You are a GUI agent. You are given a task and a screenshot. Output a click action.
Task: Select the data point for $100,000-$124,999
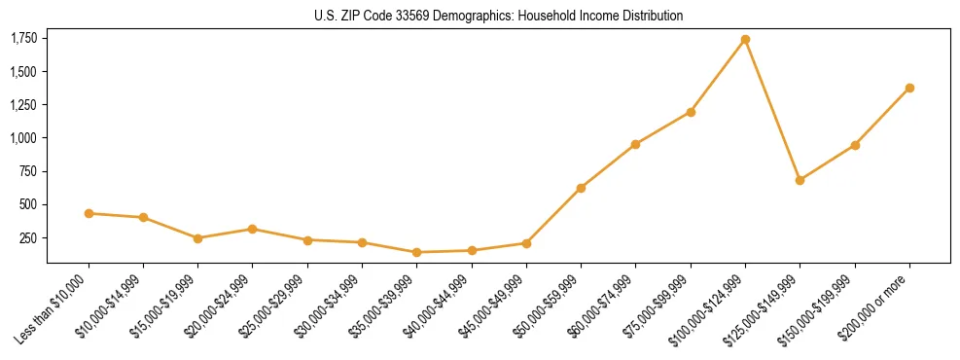(745, 39)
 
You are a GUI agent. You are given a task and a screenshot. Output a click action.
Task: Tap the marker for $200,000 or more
(909, 88)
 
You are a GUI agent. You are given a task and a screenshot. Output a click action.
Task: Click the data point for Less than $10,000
(89, 213)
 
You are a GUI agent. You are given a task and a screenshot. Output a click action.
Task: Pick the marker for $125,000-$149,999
(800, 180)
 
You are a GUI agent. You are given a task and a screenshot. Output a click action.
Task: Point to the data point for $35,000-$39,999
(416, 252)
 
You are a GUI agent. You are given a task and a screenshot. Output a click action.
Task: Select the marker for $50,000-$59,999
(581, 188)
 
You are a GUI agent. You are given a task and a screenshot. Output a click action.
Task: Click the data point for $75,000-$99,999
(691, 112)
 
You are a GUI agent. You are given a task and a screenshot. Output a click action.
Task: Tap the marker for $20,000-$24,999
(253, 229)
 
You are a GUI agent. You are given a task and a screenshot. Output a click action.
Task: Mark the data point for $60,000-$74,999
(635, 144)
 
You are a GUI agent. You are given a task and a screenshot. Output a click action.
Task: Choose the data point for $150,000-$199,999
(855, 145)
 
